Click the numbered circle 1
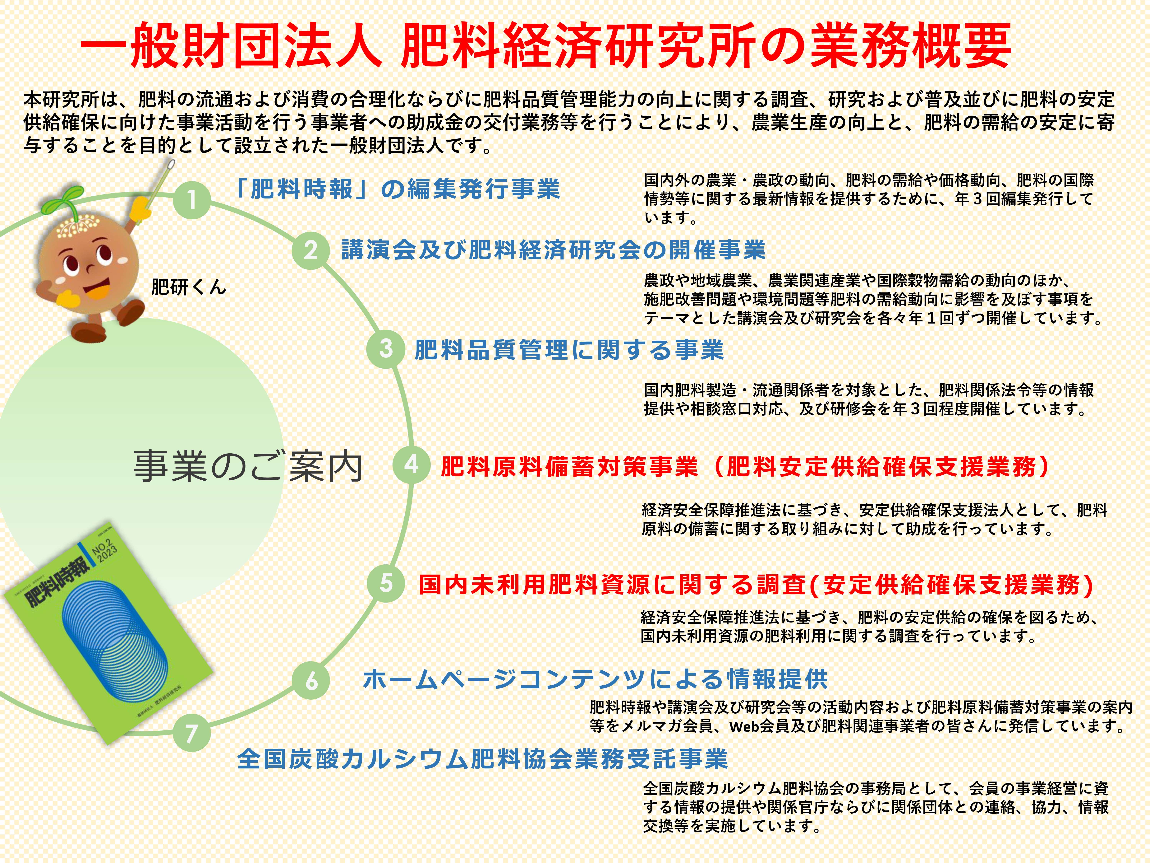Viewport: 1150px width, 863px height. (192, 199)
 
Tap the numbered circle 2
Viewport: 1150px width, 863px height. (310, 250)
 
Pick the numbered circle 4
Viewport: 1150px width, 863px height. (411, 464)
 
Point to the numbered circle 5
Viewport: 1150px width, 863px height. (386, 583)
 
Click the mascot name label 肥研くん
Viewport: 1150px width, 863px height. (188, 287)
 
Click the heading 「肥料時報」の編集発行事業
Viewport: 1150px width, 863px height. (398, 189)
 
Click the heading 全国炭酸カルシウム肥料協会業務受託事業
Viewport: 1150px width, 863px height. (482, 759)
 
